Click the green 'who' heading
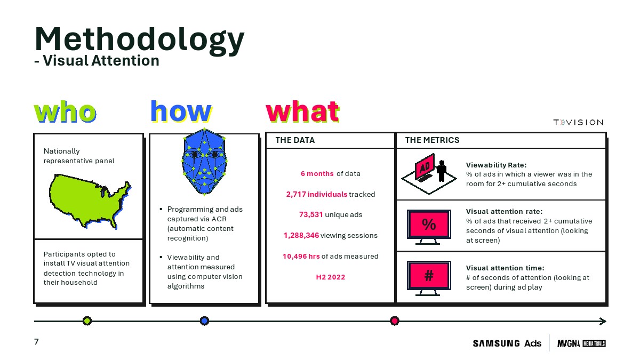click(x=65, y=111)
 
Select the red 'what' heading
click(x=302, y=111)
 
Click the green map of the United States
click(x=90, y=201)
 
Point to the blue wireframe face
click(x=204, y=162)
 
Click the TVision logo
click(x=578, y=122)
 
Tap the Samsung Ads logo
click(x=507, y=343)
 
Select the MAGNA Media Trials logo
click(x=581, y=343)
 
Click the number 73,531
click(x=311, y=214)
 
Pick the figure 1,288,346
click(x=301, y=235)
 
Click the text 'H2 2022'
click(x=331, y=277)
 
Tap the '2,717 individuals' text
click(x=317, y=194)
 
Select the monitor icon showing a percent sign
click(x=429, y=227)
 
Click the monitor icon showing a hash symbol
click(x=429, y=278)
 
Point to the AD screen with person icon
click(x=429, y=174)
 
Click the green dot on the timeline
click(x=87, y=321)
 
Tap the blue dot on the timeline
click(x=204, y=321)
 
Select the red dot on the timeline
click(x=395, y=321)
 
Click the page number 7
click(x=36, y=342)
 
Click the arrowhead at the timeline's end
click(x=603, y=322)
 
